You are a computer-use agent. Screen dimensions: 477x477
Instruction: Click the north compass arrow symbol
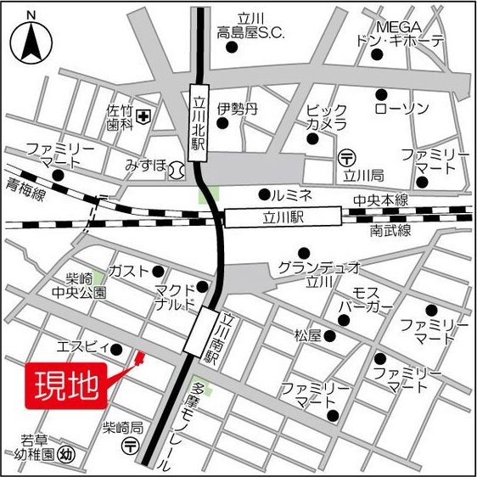(31, 39)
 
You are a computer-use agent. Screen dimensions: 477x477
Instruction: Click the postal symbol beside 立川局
(346, 157)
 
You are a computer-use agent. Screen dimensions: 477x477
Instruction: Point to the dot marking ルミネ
(265, 194)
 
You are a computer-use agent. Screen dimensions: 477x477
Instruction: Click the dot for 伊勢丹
(222, 124)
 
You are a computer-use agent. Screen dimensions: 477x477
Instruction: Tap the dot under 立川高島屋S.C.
(231, 47)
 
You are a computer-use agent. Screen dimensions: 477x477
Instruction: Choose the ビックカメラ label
(327, 117)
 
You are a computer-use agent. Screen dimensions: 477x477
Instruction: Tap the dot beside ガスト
(158, 272)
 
